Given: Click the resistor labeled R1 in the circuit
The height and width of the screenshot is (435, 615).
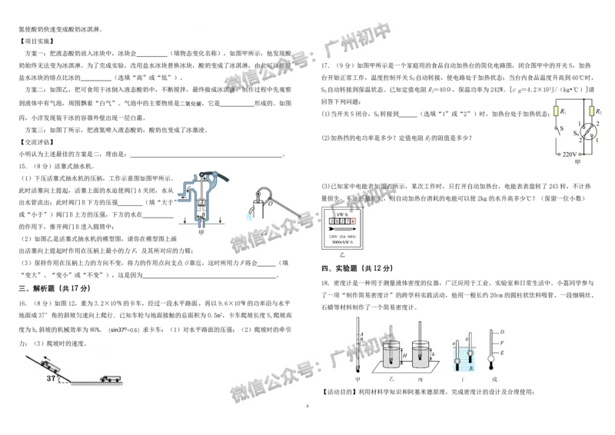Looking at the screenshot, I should tap(556, 112).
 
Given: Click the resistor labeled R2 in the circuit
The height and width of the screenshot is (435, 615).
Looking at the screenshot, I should tap(590, 111).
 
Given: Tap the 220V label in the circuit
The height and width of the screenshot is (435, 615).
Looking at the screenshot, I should tap(570, 154).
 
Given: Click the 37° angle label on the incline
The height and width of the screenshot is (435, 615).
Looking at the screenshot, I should tap(52, 379).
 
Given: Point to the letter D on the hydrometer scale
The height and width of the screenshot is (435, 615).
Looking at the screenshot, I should tap(501, 331).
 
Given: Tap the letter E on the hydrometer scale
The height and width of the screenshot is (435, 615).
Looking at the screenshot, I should tap(501, 352).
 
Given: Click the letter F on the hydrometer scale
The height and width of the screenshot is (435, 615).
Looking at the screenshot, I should tap(501, 342).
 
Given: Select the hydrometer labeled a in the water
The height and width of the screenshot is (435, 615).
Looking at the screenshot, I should tap(457, 355).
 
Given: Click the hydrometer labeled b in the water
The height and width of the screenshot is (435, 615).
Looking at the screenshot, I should tap(468, 352).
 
